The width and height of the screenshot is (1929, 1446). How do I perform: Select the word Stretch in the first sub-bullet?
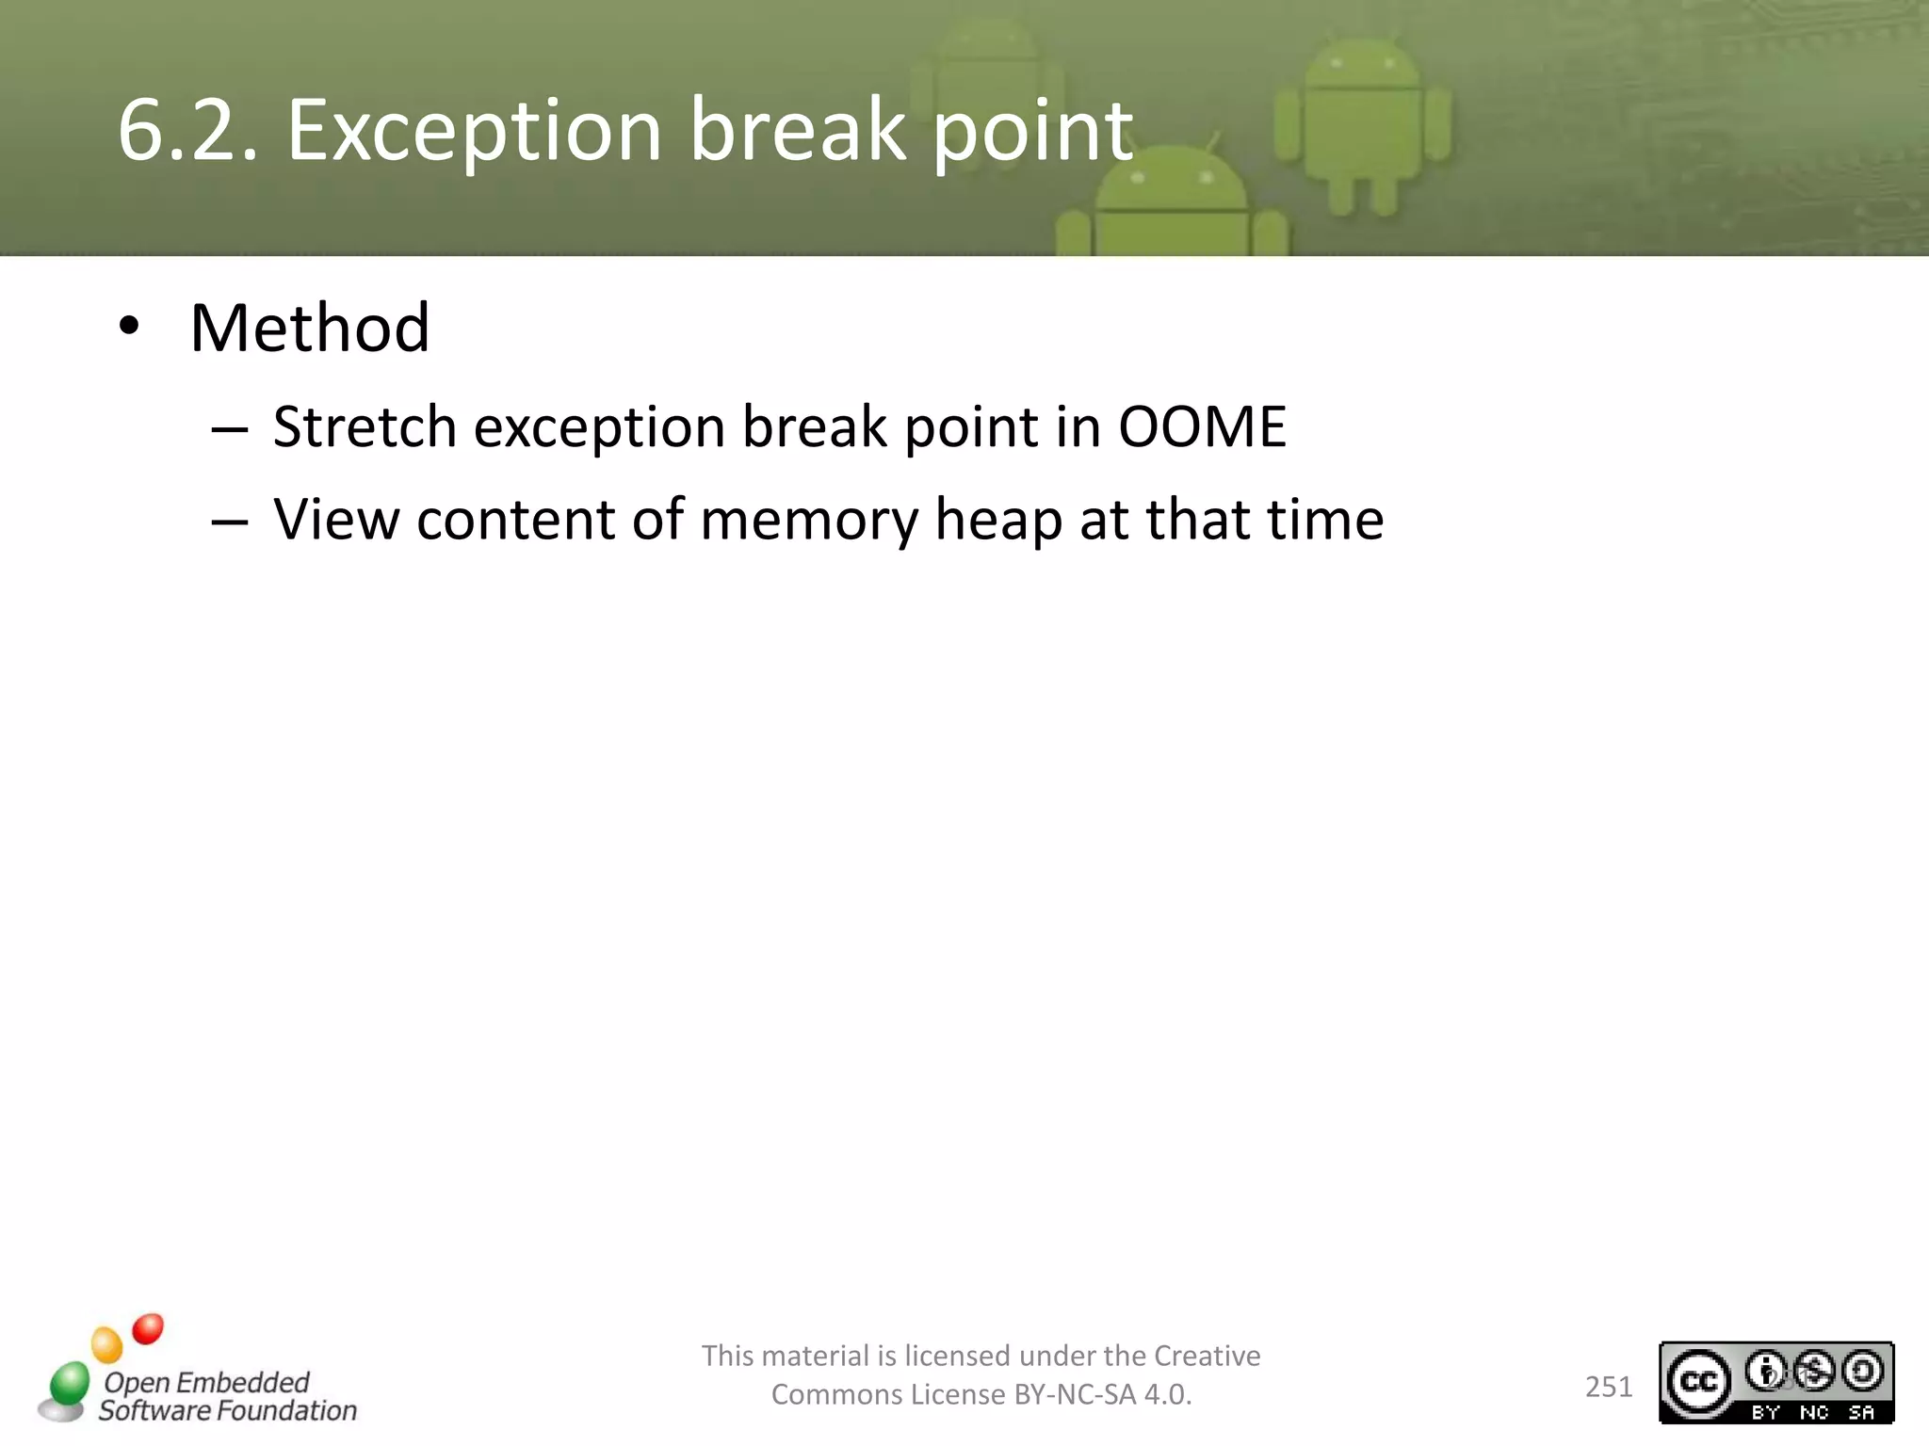click(365, 426)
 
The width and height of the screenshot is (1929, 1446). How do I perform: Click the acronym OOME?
click(1202, 426)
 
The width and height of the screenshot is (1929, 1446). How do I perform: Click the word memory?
click(808, 521)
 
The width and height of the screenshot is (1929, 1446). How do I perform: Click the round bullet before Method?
click(129, 328)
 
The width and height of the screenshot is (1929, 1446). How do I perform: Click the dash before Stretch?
click(229, 431)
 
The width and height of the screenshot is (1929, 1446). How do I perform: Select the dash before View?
click(229, 523)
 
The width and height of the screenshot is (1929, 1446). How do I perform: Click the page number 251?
click(1609, 1387)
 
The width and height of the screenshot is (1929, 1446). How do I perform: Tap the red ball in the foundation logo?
click(148, 1328)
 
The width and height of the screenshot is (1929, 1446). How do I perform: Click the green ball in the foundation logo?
click(70, 1383)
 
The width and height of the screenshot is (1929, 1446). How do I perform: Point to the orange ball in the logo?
click(106, 1344)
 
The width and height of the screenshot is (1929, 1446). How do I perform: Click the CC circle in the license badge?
click(1699, 1382)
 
